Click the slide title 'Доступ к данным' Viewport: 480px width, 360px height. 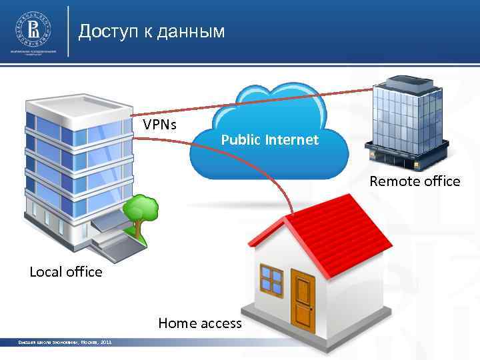pos(151,32)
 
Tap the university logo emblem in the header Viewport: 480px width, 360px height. pos(31,29)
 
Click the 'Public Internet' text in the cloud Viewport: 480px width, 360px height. pos(269,140)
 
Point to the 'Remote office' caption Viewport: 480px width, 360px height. pos(415,181)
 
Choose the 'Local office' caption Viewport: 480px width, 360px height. pos(66,271)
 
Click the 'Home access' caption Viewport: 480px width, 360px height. pos(200,323)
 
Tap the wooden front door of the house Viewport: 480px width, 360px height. pos(303,298)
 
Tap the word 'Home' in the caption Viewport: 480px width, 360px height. pos(175,323)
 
